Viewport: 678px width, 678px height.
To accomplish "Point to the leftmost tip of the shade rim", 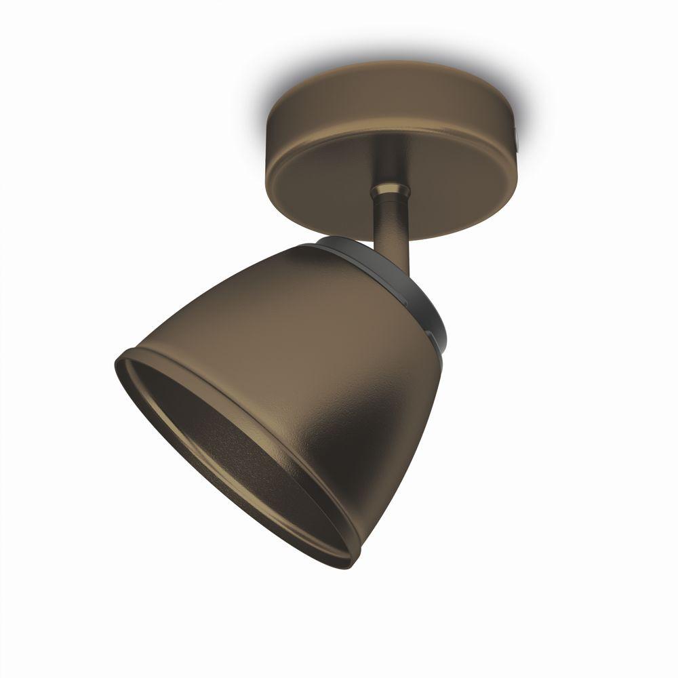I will tap(117, 359).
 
